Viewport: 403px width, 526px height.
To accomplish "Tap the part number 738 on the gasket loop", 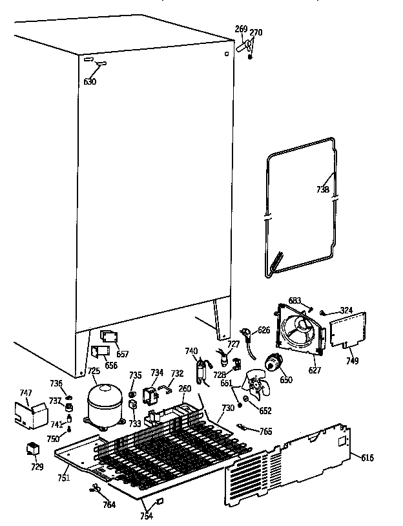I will pyautogui.click(x=322, y=190).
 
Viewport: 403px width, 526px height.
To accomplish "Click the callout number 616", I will pyautogui.click(x=366, y=458).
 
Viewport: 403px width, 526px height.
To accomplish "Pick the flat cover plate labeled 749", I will pyautogui.click(x=347, y=331).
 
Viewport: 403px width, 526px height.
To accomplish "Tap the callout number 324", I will pyautogui.click(x=347, y=311).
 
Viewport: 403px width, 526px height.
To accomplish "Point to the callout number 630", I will pyautogui.click(x=90, y=81).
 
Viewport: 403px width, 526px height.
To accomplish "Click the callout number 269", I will pyautogui.click(x=241, y=29).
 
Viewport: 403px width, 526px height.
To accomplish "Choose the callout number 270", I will pyautogui.click(x=256, y=32).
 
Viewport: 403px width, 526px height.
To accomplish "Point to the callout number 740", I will pyautogui.click(x=191, y=351).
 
